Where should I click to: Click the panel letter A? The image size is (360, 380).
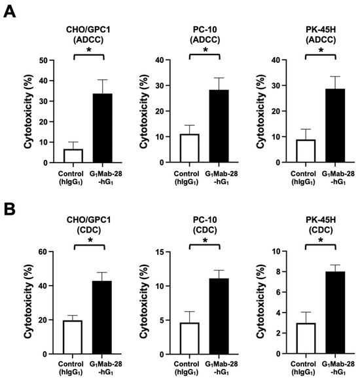pyautogui.click(x=9, y=12)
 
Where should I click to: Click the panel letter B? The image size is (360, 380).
pyautogui.click(x=9, y=209)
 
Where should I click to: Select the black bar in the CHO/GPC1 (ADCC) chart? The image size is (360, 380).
pyautogui.click(x=102, y=128)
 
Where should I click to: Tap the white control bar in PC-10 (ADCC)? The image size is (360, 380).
pyautogui.click(x=190, y=148)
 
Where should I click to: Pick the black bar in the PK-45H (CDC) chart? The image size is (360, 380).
pyautogui.click(x=335, y=313)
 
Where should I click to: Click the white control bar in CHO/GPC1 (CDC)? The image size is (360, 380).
pyautogui.click(x=73, y=337)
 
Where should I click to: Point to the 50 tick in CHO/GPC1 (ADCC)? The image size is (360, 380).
pyautogui.click(x=44, y=60)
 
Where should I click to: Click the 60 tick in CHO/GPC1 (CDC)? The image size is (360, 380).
pyautogui.click(x=43, y=252)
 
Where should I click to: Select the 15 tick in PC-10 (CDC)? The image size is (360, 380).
pyautogui.click(x=160, y=252)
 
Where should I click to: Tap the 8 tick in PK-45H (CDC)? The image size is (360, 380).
pyautogui.click(x=278, y=272)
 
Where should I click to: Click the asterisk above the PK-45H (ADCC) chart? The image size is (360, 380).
pyautogui.click(x=321, y=50)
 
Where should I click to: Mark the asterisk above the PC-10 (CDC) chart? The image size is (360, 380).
pyautogui.click(x=205, y=240)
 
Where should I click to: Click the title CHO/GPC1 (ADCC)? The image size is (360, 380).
pyautogui.click(x=88, y=35)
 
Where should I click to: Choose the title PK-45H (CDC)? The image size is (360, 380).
pyautogui.click(x=321, y=225)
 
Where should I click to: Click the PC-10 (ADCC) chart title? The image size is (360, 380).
pyautogui.click(x=205, y=35)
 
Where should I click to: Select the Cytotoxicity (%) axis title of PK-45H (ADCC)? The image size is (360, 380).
pyautogui.click(x=261, y=111)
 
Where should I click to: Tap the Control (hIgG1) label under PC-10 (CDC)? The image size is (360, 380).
pyautogui.click(x=187, y=368)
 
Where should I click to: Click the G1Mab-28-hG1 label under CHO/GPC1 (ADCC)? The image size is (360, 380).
pyautogui.click(x=106, y=178)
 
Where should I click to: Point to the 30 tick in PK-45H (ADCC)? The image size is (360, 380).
pyautogui.click(x=276, y=86)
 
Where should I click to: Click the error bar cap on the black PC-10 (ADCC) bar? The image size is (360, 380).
pyautogui.click(x=219, y=78)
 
